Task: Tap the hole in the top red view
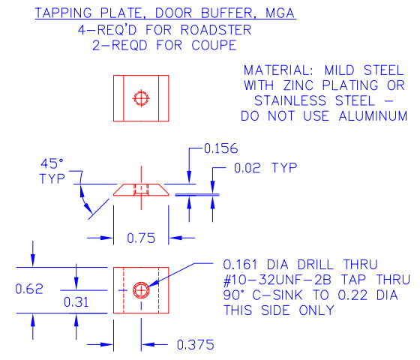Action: [141, 97]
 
